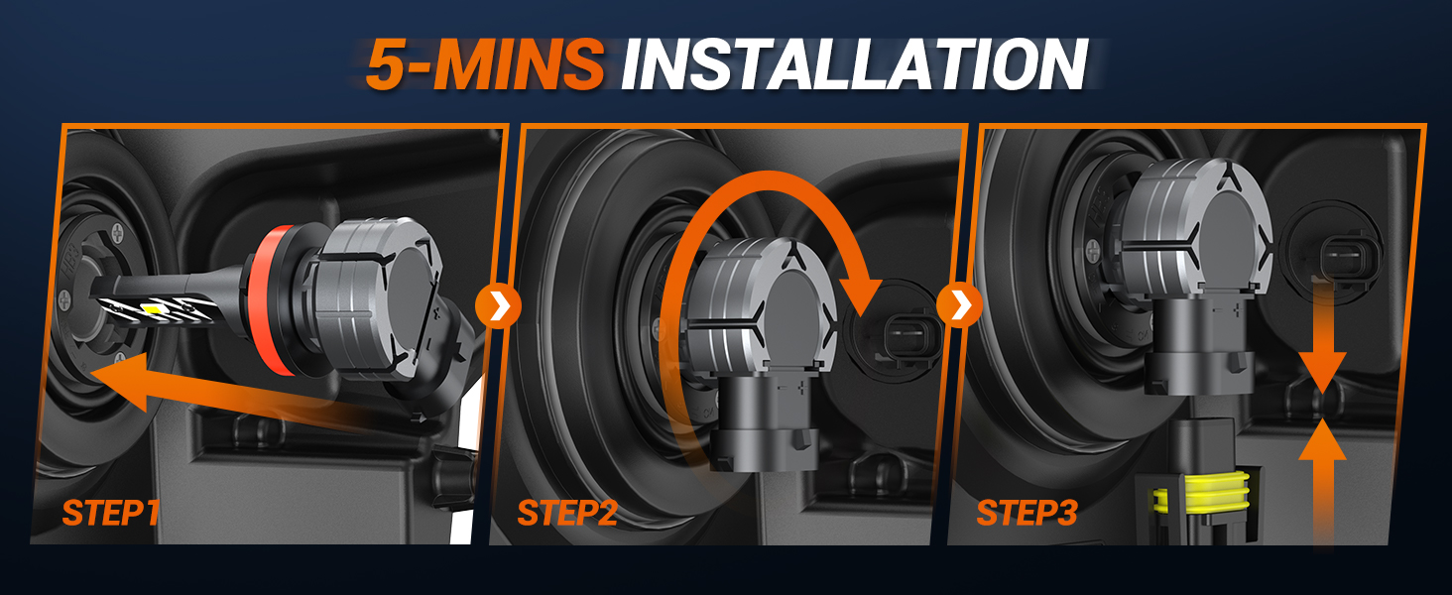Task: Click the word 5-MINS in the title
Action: (x=484, y=65)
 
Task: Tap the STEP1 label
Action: (x=110, y=513)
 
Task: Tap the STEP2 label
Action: (x=567, y=513)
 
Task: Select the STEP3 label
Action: (x=1027, y=513)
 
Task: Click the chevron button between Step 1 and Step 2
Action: (x=498, y=307)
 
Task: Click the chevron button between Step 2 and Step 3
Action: (x=959, y=307)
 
